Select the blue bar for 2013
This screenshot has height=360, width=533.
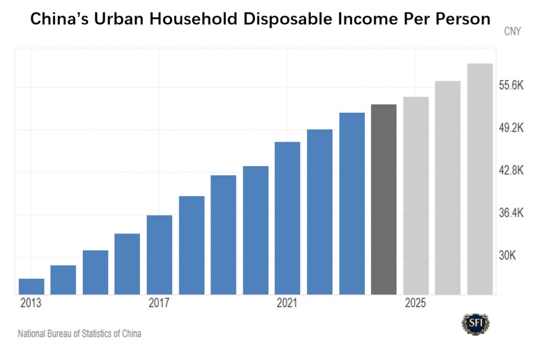tap(31, 287)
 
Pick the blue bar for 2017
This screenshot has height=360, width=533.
tap(159, 255)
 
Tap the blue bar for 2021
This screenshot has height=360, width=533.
tap(287, 218)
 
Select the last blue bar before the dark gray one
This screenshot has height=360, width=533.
tap(352, 203)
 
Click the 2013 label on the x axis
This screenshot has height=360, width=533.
tap(31, 303)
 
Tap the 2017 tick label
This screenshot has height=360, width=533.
tap(159, 303)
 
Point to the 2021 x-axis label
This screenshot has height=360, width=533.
tap(287, 303)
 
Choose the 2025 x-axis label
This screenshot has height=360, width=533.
tap(415, 303)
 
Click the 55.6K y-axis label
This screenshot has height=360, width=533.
tap(511, 86)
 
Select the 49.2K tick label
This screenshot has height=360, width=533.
tap(511, 128)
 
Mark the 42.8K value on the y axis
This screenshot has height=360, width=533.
tap(511, 171)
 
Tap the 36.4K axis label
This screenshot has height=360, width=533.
tap(511, 214)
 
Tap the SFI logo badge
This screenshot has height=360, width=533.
tap(475, 323)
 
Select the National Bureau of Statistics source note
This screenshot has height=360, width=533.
tap(80, 333)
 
